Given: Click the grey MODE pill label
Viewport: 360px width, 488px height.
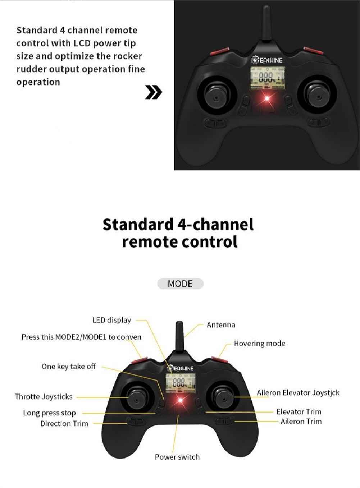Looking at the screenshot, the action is pyautogui.click(x=180, y=284).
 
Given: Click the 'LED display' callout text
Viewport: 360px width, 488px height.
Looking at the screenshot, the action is pyautogui.click(x=111, y=320).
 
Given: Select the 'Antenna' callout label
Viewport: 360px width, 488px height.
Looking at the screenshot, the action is pyautogui.click(x=221, y=325).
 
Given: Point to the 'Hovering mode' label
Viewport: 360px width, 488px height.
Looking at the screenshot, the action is pyautogui.click(x=259, y=344).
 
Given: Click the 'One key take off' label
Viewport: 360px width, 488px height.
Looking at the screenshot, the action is pyautogui.click(x=68, y=367).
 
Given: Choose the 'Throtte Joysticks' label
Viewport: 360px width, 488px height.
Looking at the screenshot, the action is pyautogui.click(x=44, y=396).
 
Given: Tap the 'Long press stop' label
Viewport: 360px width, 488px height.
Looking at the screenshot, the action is pyautogui.click(x=50, y=413).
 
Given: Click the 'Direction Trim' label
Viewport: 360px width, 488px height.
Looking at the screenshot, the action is pyautogui.click(x=64, y=424).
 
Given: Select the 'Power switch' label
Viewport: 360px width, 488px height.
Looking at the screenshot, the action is pyautogui.click(x=177, y=457).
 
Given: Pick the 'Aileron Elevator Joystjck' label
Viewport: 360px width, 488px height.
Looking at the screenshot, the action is pyautogui.click(x=298, y=393).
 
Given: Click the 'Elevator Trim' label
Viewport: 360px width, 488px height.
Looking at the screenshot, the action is pyautogui.click(x=299, y=412).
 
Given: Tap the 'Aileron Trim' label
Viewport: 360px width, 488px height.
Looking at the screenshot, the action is pyautogui.click(x=301, y=422).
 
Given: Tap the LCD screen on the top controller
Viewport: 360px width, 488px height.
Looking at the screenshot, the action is pyautogui.click(x=267, y=78).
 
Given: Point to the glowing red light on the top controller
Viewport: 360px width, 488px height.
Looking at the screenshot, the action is pyautogui.click(x=267, y=98).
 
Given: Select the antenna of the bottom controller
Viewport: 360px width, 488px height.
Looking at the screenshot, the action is pyautogui.click(x=179, y=337).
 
